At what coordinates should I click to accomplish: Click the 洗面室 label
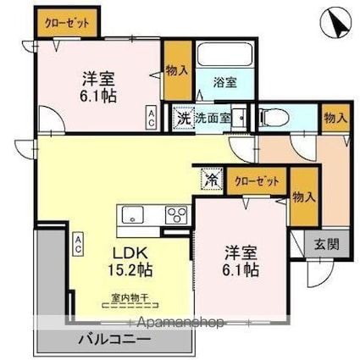coord(213,118)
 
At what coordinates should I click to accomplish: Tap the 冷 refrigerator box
coord(208,180)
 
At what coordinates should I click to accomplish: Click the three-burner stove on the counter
coord(176,213)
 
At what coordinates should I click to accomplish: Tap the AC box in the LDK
coord(77,244)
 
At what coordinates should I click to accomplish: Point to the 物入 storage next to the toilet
coord(334,117)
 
